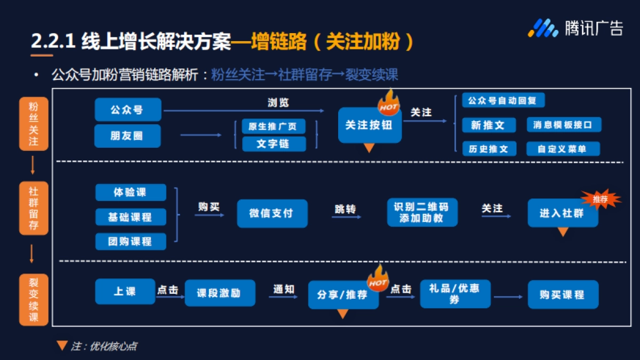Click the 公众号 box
pyautogui.click(x=127, y=110)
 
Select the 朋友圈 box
pyautogui.click(x=127, y=136)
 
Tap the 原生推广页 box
pyautogui.click(x=274, y=126)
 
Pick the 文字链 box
pyautogui.click(x=274, y=144)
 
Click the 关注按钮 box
pyautogui.click(x=369, y=125)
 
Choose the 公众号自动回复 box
pyautogui.click(x=503, y=101)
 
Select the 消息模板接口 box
pyautogui.click(x=563, y=125)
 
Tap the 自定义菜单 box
pyautogui.click(x=562, y=149)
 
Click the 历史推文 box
pyautogui.click(x=489, y=149)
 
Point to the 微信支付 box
pyautogui.click(x=272, y=213)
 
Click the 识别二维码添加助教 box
pyautogui.click(x=421, y=212)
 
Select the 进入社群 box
pyautogui.click(x=562, y=213)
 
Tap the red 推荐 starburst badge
pyautogui.click(x=601, y=199)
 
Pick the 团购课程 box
pyautogui.click(x=130, y=241)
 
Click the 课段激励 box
pyautogui.click(x=219, y=293)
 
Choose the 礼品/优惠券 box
pyautogui.click(x=454, y=294)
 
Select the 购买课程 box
pyautogui.click(x=563, y=294)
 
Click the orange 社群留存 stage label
pyautogui.click(x=34, y=208)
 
